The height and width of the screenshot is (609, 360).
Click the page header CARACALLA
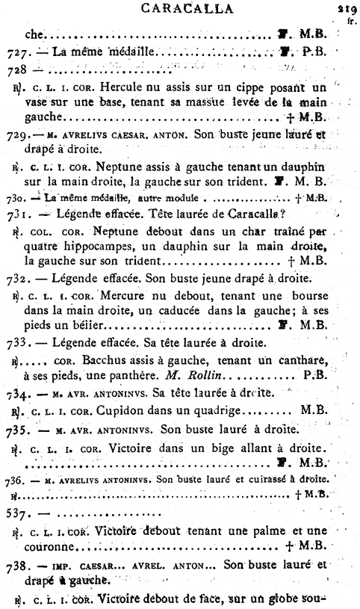click(182, 8)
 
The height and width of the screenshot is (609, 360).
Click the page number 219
click(346, 10)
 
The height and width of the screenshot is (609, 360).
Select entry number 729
click(14, 116)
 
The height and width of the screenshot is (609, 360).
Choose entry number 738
click(15, 566)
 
